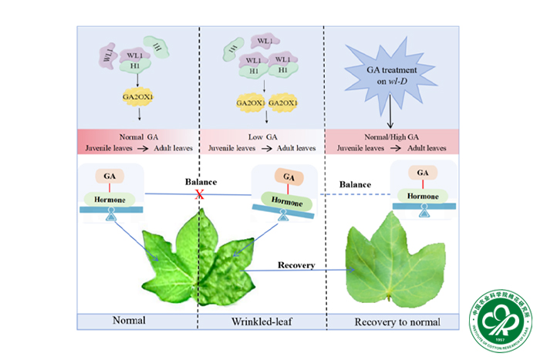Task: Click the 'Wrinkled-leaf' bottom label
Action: [262, 321]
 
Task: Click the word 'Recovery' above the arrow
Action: [297, 265]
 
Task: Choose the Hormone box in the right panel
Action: [421, 196]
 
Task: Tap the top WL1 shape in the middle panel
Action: [265, 39]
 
